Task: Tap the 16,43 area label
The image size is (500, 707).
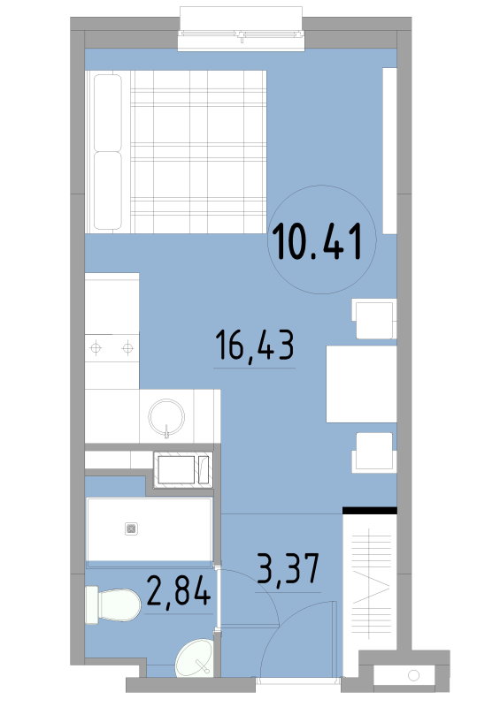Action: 254,345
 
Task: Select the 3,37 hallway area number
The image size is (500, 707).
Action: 288,568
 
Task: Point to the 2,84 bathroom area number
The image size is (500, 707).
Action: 179,590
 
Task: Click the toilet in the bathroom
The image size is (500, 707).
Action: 112,605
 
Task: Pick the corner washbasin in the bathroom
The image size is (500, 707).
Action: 195,658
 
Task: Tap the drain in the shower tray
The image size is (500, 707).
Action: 132,528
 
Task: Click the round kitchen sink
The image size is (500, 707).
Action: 166,417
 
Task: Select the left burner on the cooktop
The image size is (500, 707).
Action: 96,348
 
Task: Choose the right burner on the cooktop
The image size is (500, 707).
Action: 127,348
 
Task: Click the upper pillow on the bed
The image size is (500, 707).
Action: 108,113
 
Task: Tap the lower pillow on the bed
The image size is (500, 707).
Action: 108,191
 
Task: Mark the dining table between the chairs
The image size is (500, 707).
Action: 361,384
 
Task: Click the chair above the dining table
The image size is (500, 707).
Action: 374,319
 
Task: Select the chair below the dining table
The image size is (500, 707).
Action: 374,452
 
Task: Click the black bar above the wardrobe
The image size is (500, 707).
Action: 369,511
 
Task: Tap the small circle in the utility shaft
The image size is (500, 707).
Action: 414,675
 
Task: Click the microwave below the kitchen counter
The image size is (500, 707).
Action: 183,470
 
